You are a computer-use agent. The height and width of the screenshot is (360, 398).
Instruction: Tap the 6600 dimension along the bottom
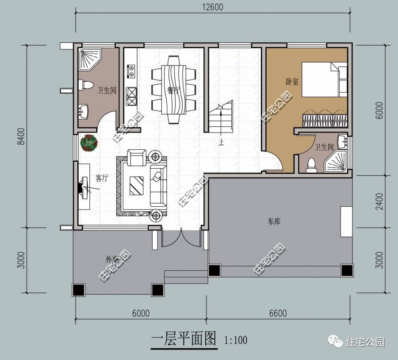click(277, 313)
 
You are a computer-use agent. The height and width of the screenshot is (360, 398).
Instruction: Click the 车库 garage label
click(274, 222)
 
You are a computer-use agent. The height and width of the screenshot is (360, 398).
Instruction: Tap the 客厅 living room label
click(102, 178)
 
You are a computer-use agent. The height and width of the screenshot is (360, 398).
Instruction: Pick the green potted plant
click(89, 143)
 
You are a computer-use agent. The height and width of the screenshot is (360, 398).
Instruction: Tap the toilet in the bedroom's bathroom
click(311, 164)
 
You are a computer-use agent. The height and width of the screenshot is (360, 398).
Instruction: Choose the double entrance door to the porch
click(180, 239)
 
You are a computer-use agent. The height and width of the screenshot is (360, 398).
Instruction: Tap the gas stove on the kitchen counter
click(132, 96)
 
